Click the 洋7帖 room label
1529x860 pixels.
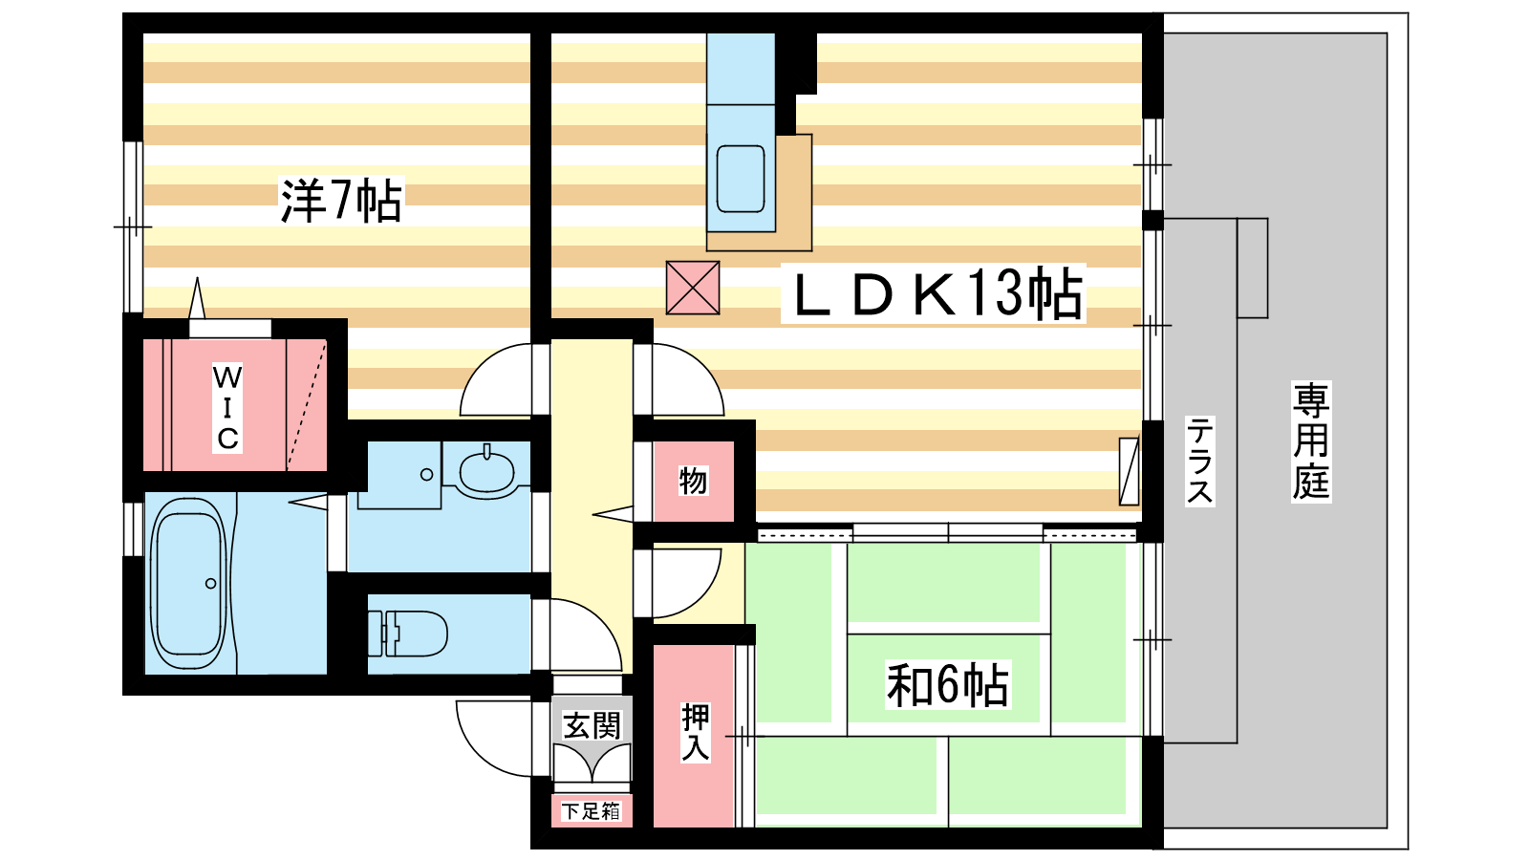coord(341,200)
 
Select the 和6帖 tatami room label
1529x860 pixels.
coord(947,684)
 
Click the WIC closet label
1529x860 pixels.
coord(227,408)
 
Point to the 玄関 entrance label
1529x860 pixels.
coord(592,725)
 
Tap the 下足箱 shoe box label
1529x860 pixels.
coord(592,811)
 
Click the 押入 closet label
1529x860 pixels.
coord(696,732)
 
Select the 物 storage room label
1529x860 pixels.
coord(693,482)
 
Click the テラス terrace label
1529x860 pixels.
coord(1199,461)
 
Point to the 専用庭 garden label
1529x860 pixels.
coord(1310,441)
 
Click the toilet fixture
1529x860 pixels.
coord(407,634)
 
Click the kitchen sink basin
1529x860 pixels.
coord(740,179)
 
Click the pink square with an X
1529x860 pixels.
coord(693,288)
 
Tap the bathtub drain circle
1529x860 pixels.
coord(211,584)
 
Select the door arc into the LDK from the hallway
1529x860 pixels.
coord(700,369)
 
